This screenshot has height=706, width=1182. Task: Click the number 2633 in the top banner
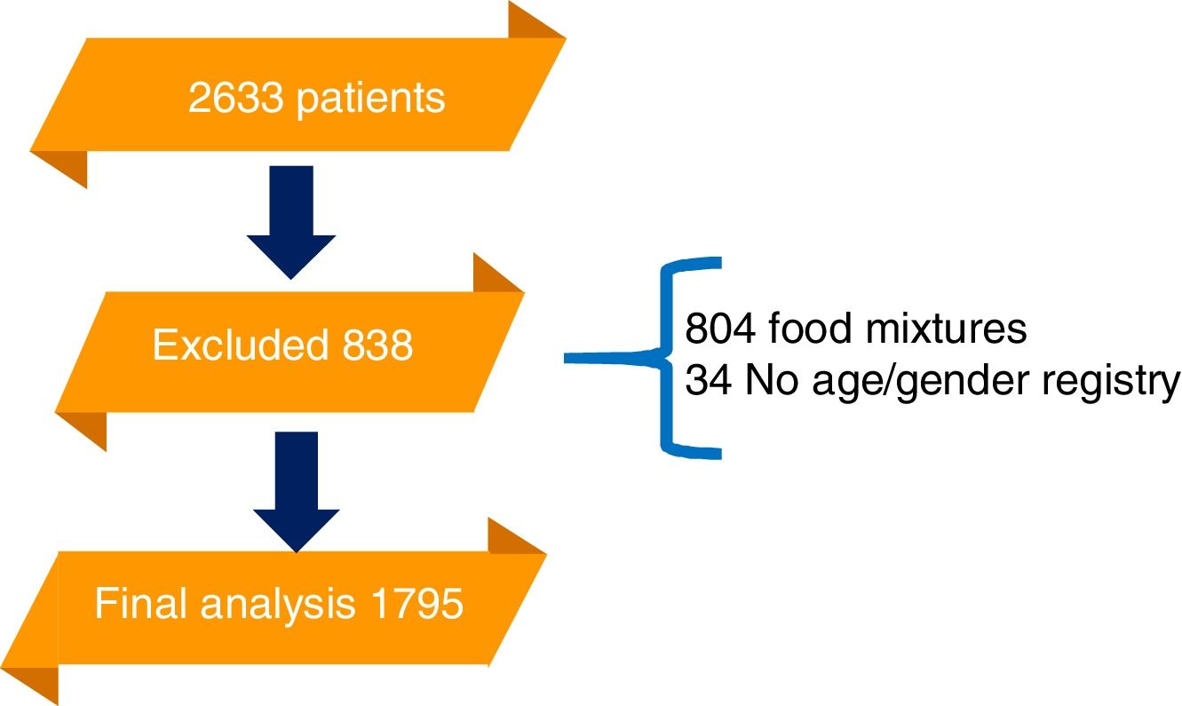click(234, 99)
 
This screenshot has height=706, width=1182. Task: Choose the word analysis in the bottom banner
click(274, 606)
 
